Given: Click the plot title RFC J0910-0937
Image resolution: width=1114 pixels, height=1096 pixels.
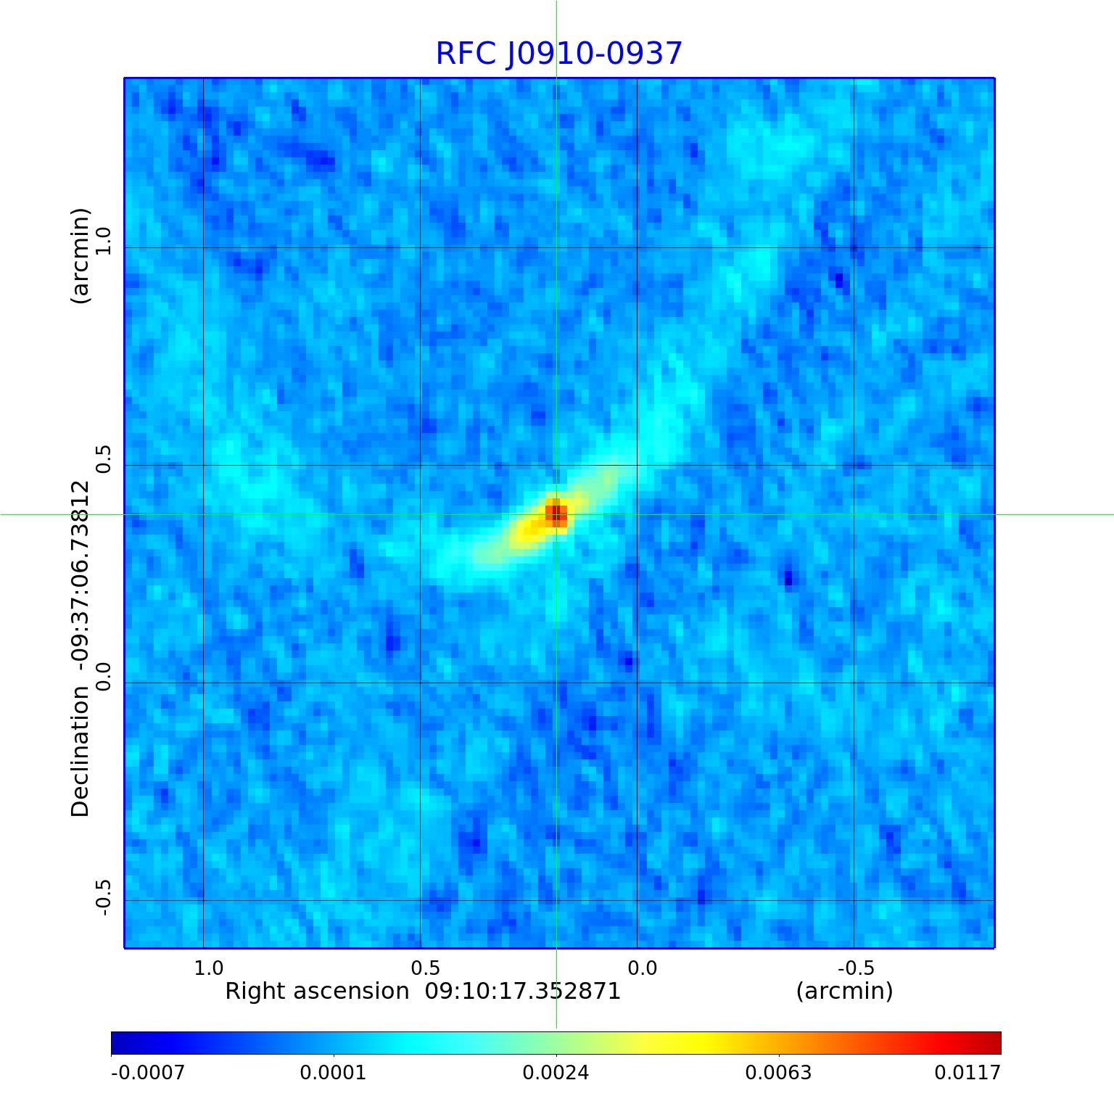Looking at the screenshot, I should tap(558, 54).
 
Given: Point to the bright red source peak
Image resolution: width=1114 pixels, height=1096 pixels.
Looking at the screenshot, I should tap(556, 514).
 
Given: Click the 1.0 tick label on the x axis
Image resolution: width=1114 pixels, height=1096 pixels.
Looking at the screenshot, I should tap(209, 968).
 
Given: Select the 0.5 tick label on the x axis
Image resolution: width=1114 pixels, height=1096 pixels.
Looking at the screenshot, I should tap(426, 968).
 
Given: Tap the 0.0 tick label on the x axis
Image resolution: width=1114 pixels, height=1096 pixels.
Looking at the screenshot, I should tap(642, 968).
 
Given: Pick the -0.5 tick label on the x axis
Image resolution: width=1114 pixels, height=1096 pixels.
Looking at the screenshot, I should tap(856, 968).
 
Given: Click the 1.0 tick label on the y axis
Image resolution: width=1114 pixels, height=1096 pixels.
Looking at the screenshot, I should tap(104, 241).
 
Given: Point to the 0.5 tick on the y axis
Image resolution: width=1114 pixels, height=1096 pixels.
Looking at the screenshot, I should tap(104, 459).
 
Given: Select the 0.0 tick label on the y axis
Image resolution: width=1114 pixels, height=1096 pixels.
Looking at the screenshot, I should tap(104, 676).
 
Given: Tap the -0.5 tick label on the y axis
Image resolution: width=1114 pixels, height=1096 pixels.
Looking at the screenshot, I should tap(104, 897).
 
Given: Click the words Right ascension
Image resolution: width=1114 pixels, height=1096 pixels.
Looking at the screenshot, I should tap(317, 992).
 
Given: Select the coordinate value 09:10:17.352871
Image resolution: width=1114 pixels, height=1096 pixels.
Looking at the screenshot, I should tap(523, 992).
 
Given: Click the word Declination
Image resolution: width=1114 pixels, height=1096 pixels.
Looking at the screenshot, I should tap(81, 751).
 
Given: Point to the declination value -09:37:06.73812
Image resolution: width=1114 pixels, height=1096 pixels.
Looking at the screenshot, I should tap(81, 574).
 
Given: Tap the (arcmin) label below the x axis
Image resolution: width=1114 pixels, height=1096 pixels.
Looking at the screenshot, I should tap(844, 992).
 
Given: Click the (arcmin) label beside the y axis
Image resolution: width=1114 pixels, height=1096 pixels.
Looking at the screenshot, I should tap(81, 255).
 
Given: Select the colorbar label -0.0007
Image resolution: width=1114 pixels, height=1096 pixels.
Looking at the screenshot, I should tap(148, 1072).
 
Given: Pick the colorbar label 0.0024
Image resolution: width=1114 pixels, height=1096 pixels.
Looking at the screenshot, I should tap(556, 1072).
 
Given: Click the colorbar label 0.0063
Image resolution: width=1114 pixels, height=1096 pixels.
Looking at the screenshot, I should tap(779, 1072).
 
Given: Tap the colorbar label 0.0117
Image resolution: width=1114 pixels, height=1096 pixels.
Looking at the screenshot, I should tap(967, 1072).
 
